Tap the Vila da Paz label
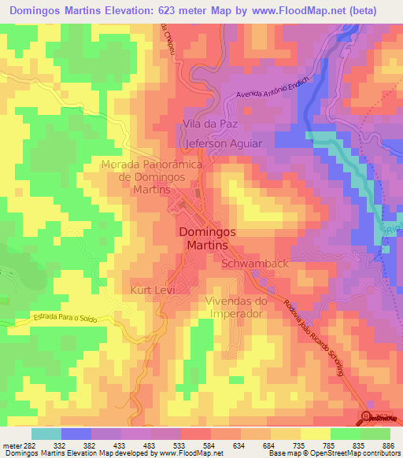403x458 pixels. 209,124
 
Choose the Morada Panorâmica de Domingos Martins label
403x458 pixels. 152,177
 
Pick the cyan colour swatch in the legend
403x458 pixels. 46,434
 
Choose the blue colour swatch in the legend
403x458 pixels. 76,434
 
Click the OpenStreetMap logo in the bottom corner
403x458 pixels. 378,418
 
